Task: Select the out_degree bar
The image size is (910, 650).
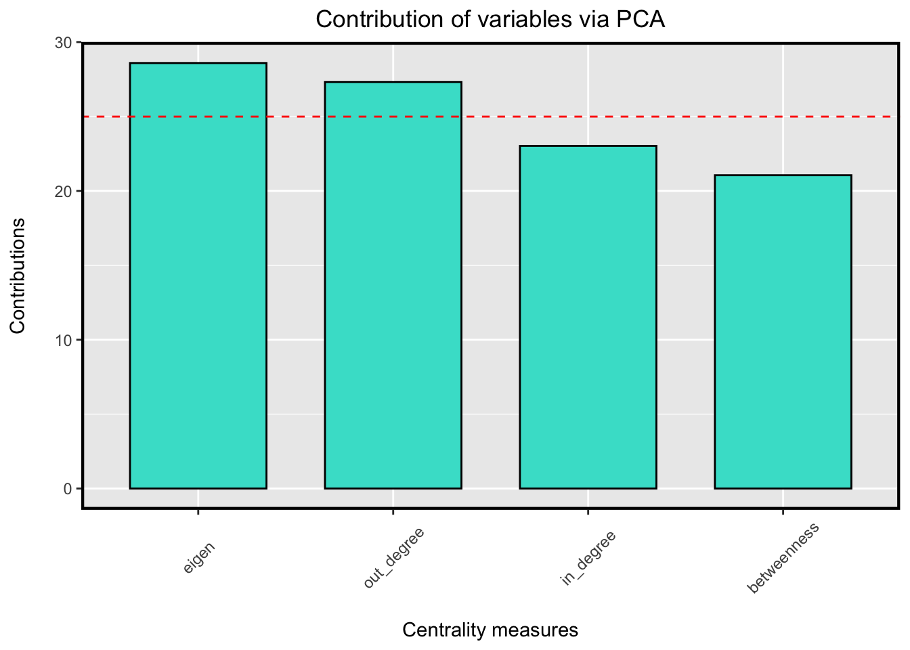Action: pos(393,285)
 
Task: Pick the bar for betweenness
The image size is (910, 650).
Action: pos(783,332)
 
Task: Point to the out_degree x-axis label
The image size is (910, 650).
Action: pos(393,559)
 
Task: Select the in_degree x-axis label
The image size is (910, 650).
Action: pos(588,559)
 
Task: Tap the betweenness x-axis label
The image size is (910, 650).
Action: pos(783,559)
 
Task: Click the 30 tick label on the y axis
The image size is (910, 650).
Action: pos(63,43)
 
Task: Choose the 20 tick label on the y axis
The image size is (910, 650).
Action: pos(63,191)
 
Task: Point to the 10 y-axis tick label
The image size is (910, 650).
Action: pos(63,340)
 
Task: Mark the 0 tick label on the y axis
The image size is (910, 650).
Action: pos(68,489)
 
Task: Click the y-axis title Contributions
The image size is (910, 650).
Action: pos(18,276)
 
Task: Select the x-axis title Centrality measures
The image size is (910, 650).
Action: pos(490,630)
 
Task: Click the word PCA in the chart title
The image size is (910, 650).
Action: pos(641,20)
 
